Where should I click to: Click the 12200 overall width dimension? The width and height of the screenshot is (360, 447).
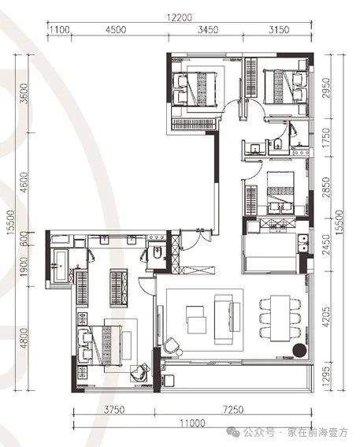tap(179, 17)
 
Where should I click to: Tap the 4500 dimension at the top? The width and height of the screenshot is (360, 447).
tap(116, 29)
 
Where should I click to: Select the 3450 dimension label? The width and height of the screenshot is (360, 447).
tap(208, 29)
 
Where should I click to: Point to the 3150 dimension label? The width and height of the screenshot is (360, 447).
tap(279, 29)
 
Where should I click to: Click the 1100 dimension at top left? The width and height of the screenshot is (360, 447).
tap(60, 29)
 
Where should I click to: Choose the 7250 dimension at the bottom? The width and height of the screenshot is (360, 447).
tap(233, 410)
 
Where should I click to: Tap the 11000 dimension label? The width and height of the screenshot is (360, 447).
tap(192, 423)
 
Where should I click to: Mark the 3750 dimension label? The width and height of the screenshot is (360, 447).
tap(114, 410)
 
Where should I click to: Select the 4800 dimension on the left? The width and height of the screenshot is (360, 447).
tap(24, 338)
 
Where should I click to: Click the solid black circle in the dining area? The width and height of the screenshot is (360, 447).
tap(300, 350)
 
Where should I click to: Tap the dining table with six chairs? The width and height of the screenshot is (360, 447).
tap(280, 318)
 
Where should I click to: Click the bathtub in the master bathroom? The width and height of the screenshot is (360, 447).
tap(61, 266)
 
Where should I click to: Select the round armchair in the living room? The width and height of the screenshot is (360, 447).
tap(172, 345)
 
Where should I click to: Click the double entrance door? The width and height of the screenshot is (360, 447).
tap(196, 240)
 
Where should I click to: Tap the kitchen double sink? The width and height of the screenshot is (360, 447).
tap(303, 243)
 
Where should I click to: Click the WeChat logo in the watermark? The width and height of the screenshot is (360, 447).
tap(234, 432)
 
